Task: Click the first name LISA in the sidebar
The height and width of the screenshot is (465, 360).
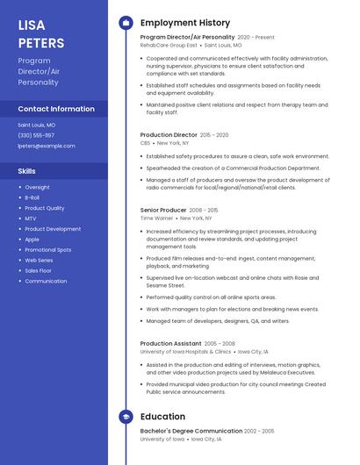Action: click(x=31, y=25)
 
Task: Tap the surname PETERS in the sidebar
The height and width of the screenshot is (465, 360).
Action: click(x=40, y=43)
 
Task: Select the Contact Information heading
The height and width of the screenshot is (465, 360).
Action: click(x=56, y=109)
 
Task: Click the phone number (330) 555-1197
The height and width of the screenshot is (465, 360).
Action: click(x=36, y=135)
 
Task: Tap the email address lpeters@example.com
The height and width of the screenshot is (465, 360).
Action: click(x=47, y=146)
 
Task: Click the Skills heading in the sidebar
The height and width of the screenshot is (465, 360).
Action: click(x=26, y=171)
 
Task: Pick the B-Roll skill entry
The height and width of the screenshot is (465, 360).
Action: click(x=32, y=197)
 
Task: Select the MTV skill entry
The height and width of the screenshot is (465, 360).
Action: click(x=31, y=218)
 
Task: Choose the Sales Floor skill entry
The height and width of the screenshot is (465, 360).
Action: click(x=38, y=270)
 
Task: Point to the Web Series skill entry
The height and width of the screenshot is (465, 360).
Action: click(x=39, y=260)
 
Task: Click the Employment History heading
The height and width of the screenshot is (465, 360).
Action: click(x=185, y=23)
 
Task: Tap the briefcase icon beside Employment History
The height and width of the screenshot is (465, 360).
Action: click(x=126, y=23)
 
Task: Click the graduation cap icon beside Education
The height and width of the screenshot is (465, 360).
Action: click(x=126, y=418)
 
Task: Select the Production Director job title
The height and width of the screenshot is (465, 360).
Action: click(x=169, y=135)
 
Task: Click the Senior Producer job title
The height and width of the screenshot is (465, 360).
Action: click(x=163, y=211)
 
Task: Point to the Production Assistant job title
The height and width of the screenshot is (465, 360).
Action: click(x=170, y=344)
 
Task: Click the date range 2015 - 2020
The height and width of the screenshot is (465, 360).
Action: click(x=214, y=135)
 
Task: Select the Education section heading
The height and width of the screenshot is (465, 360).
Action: click(x=162, y=418)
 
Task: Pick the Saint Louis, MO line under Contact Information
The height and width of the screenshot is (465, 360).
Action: click(x=37, y=125)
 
